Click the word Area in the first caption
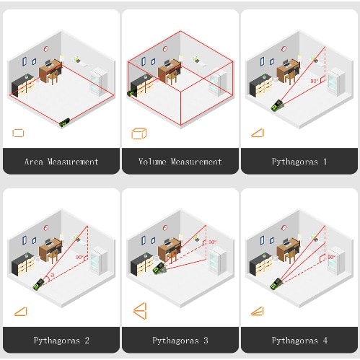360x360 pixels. pyautogui.click(x=34, y=162)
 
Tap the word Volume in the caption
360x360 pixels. pyautogui.click(x=152, y=162)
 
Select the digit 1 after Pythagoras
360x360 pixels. pyautogui.click(x=325, y=162)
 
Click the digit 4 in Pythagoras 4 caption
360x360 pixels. pyautogui.click(x=325, y=341)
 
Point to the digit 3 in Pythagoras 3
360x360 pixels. pyautogui.click(x=206, y=341)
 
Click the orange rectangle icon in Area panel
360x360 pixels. pyautogui.click(x=18, y=133)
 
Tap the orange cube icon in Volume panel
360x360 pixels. pyautogui.click(x=139, y=133)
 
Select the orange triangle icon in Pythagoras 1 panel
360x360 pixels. pyautogui.click(x=258, y=133)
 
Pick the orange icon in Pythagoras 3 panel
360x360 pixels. pyautogui.click(x=140, y=311)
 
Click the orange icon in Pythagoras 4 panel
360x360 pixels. pyautogui.click(x=258, y=311)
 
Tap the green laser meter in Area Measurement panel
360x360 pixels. pyautogui.click(x=65, y=122)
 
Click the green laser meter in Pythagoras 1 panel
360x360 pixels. pyautogui.click(x=278, y=105)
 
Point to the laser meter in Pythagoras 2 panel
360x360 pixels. pyautogui.click(x=39, y=284)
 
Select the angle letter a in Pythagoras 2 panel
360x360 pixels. pyautogui.click(x=53, y=275)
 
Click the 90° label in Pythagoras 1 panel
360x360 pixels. pyautogui.click(x=314, y=81)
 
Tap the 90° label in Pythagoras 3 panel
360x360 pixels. pyautogui.click(x=212, y=242)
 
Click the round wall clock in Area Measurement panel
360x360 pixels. pyautogui.click(x=46, y=49)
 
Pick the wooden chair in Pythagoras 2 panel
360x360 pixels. pyautogui.click(x=53, y=256)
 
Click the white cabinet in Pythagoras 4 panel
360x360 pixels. pyautogui.click(x=336, y=261)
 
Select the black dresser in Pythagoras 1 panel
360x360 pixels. pyautogui.click(x=261, y=87)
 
